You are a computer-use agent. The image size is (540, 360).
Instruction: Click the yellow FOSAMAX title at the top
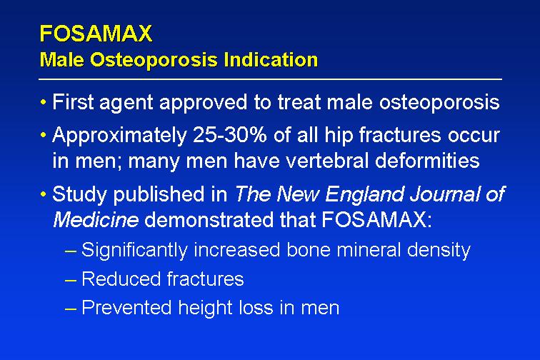[x=96, y=34]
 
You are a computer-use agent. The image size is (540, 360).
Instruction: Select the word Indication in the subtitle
[x=270, y=59]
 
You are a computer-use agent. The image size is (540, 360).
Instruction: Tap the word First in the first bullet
[x=73, y=102]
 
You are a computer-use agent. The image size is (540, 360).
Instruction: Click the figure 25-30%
[x=230, y=135]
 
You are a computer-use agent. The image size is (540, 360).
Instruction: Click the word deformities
[x=427, y=161]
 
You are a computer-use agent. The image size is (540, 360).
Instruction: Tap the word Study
[x=80, y=194]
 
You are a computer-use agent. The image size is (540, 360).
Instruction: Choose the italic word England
[x=364, y=194]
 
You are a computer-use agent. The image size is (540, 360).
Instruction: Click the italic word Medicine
[x=96, y=219]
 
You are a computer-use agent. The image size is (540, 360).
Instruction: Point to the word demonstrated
[x=209, y=219]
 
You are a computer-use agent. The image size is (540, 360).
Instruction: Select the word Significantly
[x=134, y=250]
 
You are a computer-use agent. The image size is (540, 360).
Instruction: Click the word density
[x=439, y=250]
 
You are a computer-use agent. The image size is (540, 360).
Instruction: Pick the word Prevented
[x=126, y=308]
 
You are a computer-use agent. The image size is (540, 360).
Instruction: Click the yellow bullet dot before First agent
[x=43, y=102]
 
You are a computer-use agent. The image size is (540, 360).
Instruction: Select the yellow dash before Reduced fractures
[x=70, y=281]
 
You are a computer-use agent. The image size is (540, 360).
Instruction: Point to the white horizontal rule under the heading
[x=270, y=79]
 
